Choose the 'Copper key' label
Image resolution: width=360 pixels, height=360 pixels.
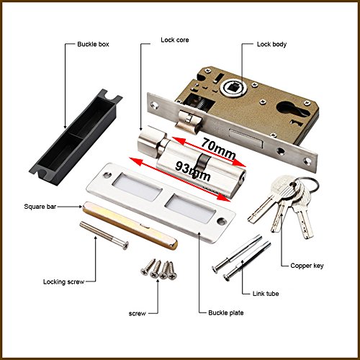point(305,265)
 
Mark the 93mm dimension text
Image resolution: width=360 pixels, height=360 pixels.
point(189,171)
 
